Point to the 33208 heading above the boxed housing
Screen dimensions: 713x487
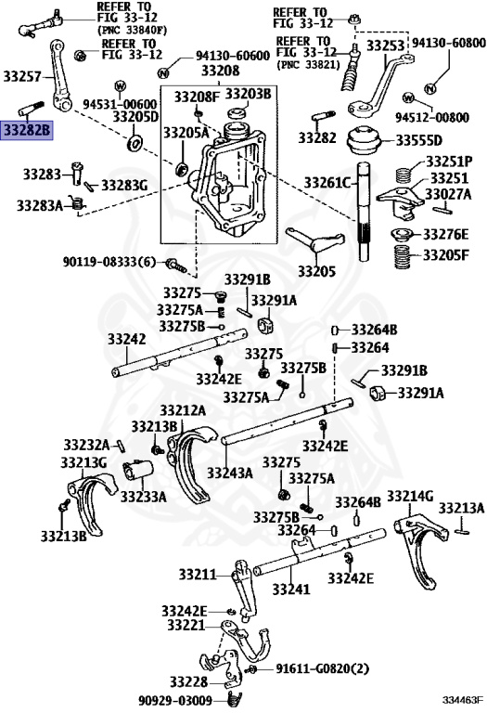point(219,71)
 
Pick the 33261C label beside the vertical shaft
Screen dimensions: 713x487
point(329,182)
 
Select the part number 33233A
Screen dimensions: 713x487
point(142,497)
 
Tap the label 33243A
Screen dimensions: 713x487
point(230,473)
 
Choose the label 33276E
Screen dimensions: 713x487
point(446,234)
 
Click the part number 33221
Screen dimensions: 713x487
point(186,627)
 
